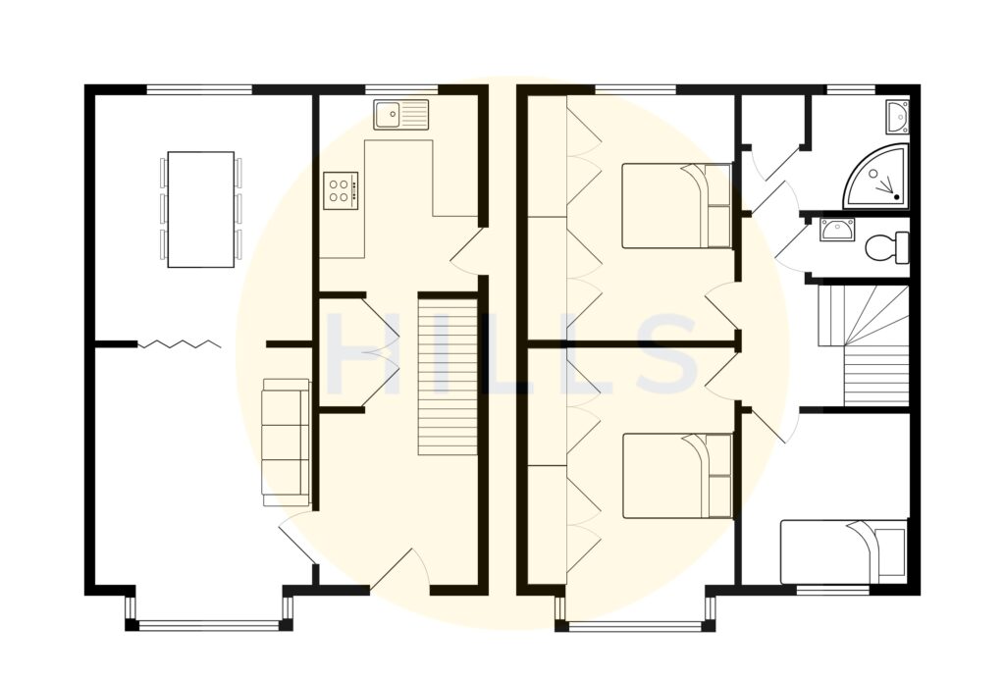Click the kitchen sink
click(x=400, y=115)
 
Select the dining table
click(x=201, y=209)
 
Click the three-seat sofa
click(x=286, y=443)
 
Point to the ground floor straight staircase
click(x=448, y=374)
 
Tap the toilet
click(x=886, y=246)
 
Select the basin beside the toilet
click(x=836, y=231)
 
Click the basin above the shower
click(x=896, y=117)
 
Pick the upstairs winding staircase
click(x=865, y=344)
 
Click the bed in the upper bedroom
click(x=677, y=206)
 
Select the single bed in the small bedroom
click(x=843, y=551)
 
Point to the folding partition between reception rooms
click(x=179, y=344)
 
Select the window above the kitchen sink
click(x=400, y=89)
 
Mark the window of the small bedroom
click(x=832, y=589)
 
